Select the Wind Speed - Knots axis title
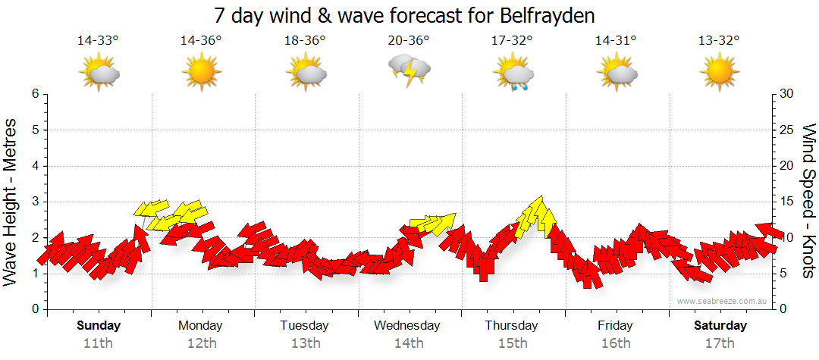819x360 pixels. [x=808, y=201]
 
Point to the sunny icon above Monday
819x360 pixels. [x=202, y=74]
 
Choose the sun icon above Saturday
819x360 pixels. [x=719, y=74]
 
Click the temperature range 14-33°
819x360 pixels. [x=98, y=41]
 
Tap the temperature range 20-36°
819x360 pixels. [x=409, y=41]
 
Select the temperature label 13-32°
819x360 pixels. [x=719, y=41]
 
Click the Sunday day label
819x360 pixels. [x=98, y=326]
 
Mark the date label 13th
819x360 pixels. [x=305, y=343]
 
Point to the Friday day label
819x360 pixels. [x=615, y=326]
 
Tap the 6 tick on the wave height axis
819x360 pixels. [x=35, y=94]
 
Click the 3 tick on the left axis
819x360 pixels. [x=35, y=202]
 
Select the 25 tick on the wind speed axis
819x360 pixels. [x=787, y=130]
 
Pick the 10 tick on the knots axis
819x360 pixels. [x=787, y=238]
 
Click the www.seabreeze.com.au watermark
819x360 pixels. [x=723, y=301]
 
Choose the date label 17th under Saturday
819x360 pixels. [x=720, y=343]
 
